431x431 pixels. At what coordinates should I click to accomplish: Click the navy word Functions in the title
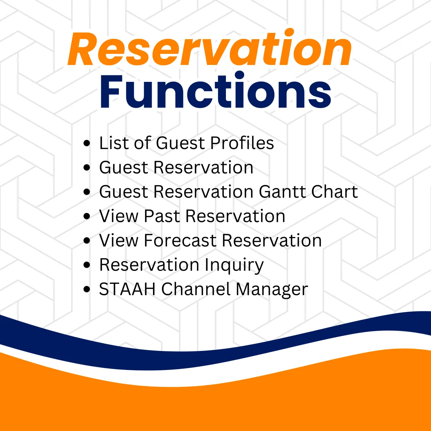[215, 90]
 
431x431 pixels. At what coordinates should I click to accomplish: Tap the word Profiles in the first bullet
[242, 143]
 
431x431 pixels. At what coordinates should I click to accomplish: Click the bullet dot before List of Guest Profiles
[86, 143]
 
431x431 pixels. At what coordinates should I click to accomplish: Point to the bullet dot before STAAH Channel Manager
[86, 289]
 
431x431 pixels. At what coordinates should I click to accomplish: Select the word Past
[162, 216]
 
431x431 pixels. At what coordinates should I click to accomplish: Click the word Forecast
[180, 240]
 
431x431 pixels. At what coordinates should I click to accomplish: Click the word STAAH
[127, 289]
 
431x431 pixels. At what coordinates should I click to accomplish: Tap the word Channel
[196, 289]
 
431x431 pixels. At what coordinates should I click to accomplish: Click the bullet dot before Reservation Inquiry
[86, 265]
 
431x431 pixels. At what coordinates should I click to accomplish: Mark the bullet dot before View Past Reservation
[86, 216]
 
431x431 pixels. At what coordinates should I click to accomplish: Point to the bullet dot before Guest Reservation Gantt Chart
[86, 192]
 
